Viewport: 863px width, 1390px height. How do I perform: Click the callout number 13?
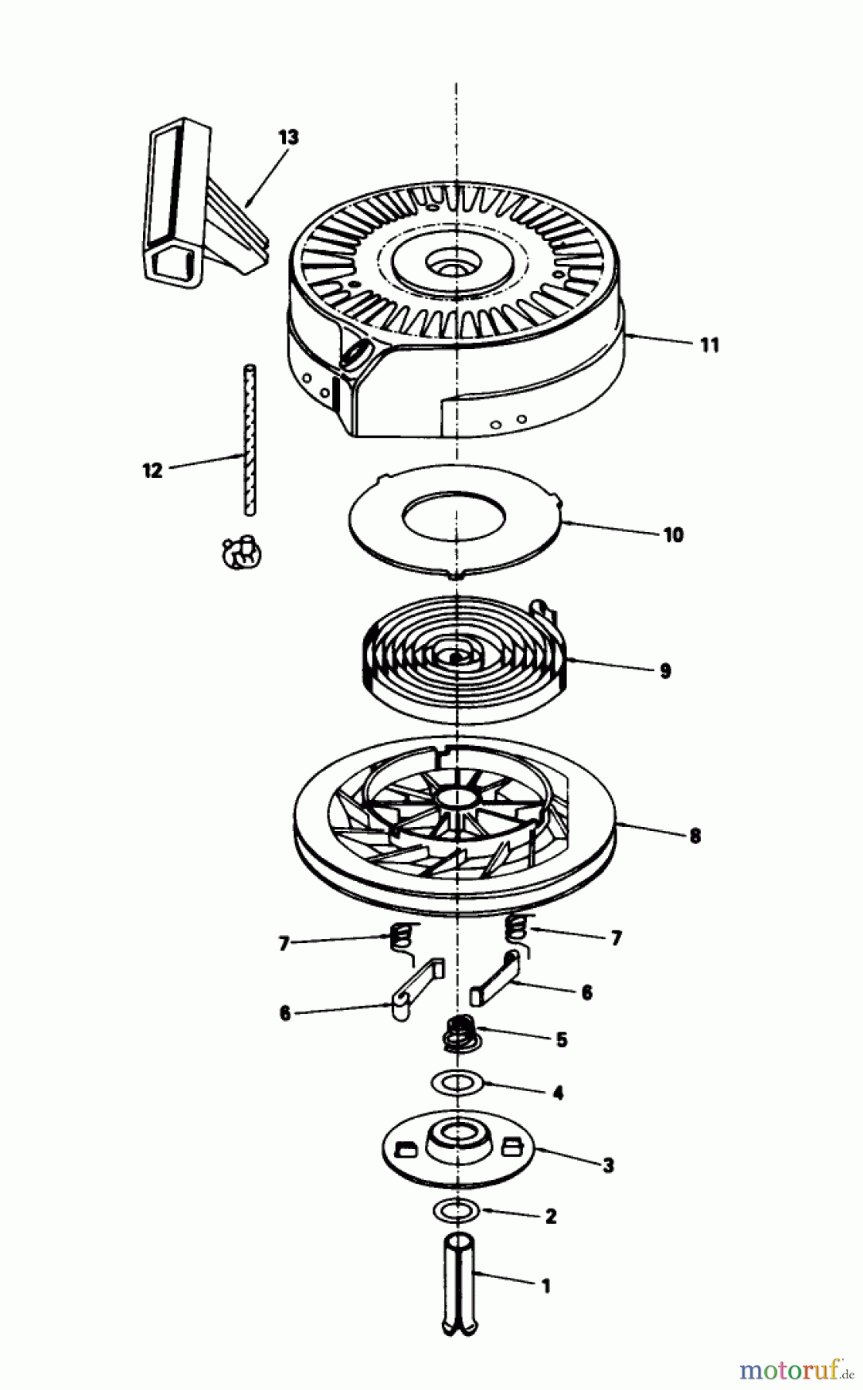pyautogui.click(x=288, y=137)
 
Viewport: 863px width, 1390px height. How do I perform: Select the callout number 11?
pyautogui.click(x=709, y=344)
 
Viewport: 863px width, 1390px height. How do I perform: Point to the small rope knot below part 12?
pyautogui.click(x=242, y=553)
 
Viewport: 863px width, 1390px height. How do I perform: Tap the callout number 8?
pyautogui.click(x=695, y=836)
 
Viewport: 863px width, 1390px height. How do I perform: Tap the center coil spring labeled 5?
pyautogui.click(x=461, y=1033)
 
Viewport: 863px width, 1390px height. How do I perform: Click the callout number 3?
pyautogui.click(x=608, y=1165)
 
